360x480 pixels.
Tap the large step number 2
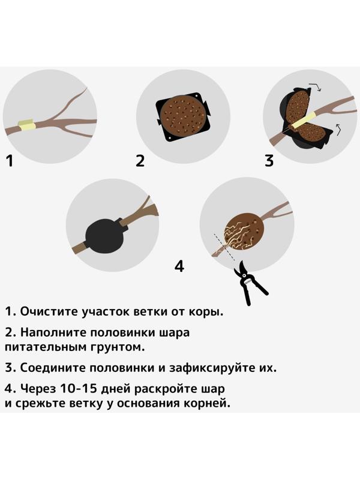click(140, 160)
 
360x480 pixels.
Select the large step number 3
click(269, 160)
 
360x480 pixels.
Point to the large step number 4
click(179, 265)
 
